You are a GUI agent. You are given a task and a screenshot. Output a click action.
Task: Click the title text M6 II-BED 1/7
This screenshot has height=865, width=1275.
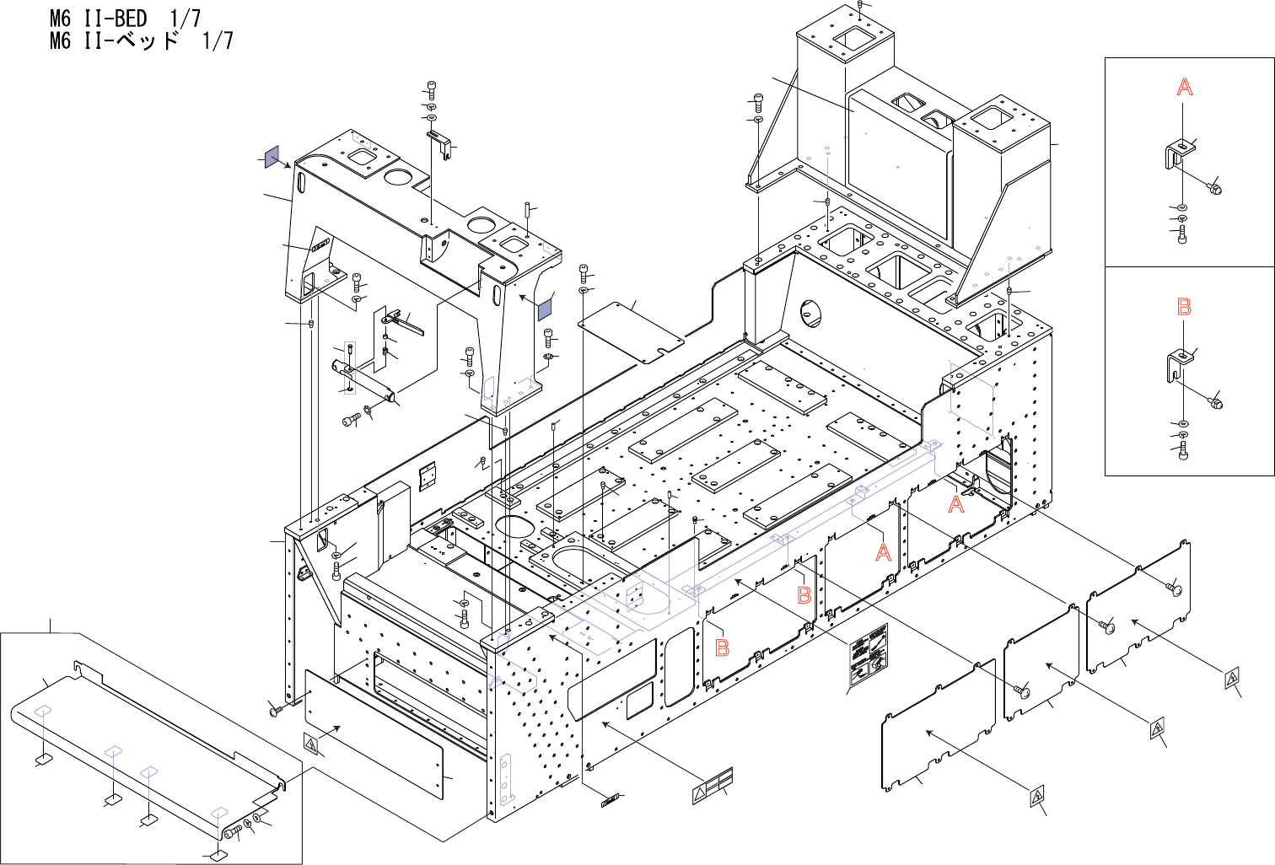(125, 18)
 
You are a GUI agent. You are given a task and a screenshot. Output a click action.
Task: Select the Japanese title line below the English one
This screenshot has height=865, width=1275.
(141, 40)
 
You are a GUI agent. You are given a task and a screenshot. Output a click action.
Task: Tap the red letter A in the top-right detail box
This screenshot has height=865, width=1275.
(1185, 87)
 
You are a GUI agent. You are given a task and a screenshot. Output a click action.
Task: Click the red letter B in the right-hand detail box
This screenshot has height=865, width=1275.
(1184, 307)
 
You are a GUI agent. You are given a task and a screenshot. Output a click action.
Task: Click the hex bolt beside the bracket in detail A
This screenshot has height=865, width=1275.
(1214, 187)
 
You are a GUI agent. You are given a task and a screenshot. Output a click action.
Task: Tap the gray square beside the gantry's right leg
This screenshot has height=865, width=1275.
(545, 305)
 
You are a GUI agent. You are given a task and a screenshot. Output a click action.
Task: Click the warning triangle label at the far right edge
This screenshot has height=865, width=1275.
(1232, 677)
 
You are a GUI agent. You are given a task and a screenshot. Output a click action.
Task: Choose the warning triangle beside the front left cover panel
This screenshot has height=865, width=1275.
(312, 744)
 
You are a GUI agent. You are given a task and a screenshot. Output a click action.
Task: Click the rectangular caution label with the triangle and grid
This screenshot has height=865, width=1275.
(713, 785)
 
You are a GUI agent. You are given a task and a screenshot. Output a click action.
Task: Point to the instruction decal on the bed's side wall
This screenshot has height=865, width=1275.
(868, 657)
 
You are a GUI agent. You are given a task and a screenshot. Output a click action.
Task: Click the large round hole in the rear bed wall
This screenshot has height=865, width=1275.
(810, 314)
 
